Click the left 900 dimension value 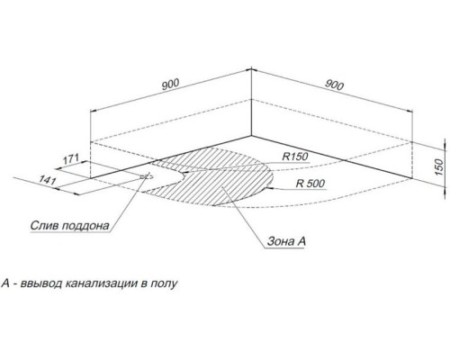coord(170,84)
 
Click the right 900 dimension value coord(334,85)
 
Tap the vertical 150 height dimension coord(438,167)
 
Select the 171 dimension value coord(70,159)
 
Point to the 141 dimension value coord(48,180)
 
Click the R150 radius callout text coord(295,157)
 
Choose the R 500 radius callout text coord(310,183)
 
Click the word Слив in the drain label coord(44,225)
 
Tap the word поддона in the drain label coord(85,226)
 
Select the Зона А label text coord(286,241)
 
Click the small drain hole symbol coord(147,176)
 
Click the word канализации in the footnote coord(101,283)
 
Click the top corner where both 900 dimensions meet coord(251,69)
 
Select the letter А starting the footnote coord(5,283)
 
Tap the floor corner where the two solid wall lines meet coord(251,136)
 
